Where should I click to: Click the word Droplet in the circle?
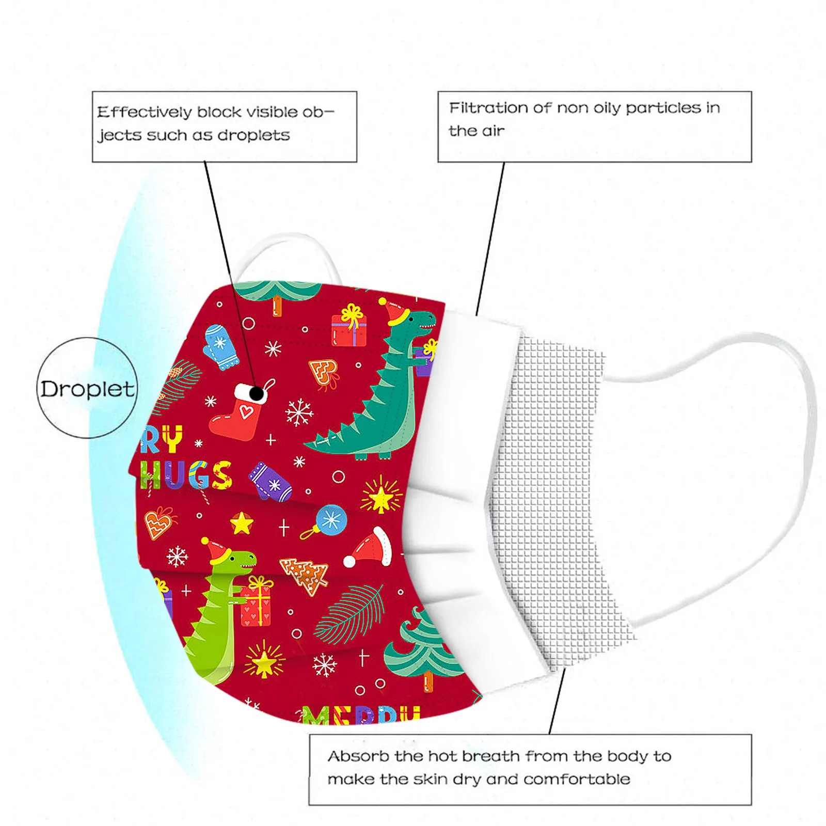(x=87, y=389)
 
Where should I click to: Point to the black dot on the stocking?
(x=257, y=394)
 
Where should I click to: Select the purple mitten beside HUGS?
(x=270, y=481)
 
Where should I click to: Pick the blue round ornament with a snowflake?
(x=330, y=520)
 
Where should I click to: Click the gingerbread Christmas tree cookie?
(x=306, y=574)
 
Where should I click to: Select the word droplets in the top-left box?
(x=253, y=135)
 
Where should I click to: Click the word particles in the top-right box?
(x=663, y=108)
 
